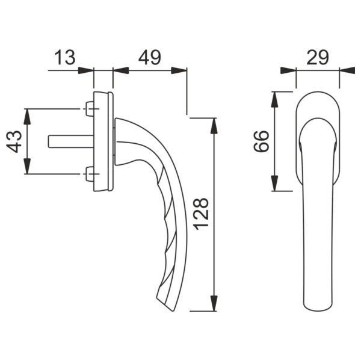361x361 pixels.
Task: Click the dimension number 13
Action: [65, 57]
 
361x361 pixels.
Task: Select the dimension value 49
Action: [150, 57]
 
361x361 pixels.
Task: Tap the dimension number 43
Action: [14, 141]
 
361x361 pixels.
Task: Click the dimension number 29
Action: [318, 57]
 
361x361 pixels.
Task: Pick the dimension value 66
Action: [261, 141]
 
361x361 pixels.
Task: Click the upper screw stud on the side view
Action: [90, 109]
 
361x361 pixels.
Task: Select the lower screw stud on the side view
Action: [90, 174]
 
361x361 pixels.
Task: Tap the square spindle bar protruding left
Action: [71, 141]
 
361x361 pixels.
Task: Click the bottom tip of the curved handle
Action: [173, 311]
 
